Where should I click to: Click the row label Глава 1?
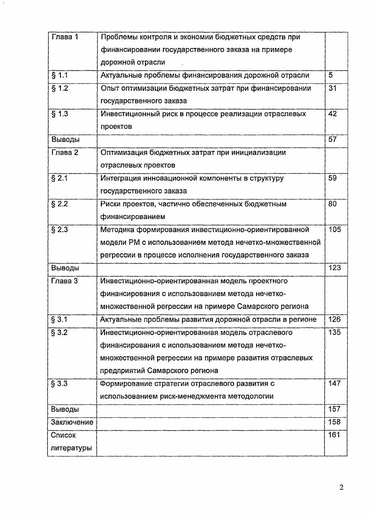tap(64, 37)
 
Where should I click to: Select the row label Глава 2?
tap(64, 153)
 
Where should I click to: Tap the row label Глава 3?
tap(64, 281)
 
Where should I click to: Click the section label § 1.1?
tap(60, 75)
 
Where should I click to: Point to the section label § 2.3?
tap(60, 230)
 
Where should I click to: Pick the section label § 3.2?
tap(60, 333)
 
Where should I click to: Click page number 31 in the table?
tap(333, 88)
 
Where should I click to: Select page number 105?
tap(335, 230)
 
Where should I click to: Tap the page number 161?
tap(334, 435)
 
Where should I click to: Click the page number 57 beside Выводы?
tap(333, 140)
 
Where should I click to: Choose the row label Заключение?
tap(72, 422)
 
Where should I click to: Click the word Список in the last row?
tap(63, 435)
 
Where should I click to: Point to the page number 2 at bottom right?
tap(342, 487)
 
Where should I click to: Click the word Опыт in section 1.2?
tap(109, 88)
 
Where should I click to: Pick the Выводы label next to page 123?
tap(65, 268)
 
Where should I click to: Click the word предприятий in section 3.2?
tap(122, 371)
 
